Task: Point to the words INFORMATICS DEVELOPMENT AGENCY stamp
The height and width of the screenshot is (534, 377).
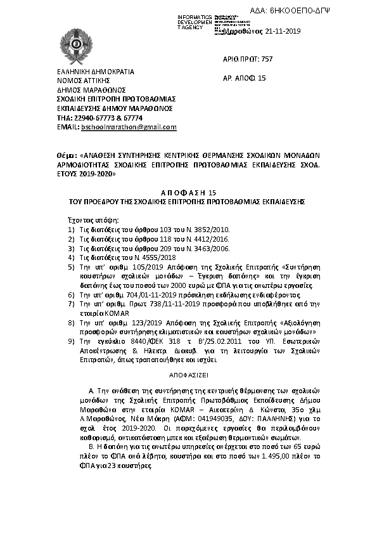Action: [x=195, y=23]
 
